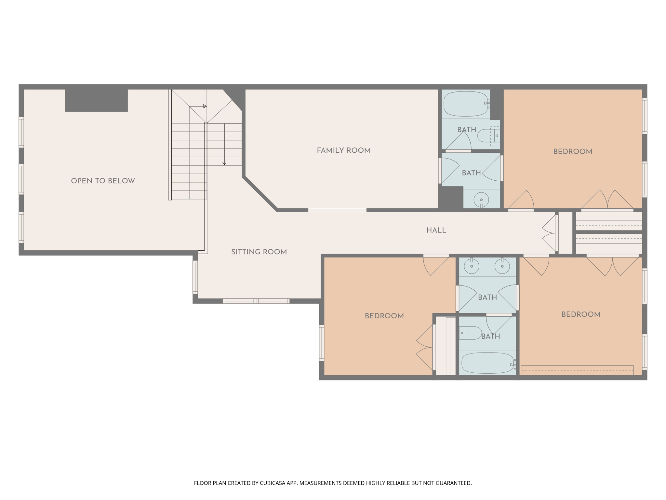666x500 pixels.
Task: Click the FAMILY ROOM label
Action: coord(344,150)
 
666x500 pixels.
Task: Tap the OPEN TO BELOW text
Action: coord(103,181)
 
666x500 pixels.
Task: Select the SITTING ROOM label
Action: coord(259,252)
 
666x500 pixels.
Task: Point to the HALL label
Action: coord(436,230)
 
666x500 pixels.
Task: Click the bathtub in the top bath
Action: coord(466,104)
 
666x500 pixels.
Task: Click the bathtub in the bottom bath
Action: coord(487,363)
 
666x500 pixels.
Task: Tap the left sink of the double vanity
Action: coord(472,267)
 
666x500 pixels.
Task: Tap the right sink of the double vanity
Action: coord(502,267)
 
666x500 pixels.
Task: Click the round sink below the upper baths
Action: coord(481,200)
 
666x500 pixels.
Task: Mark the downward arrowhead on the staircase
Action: coord(224,163)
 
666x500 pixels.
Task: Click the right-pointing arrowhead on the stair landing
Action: coord(205,106)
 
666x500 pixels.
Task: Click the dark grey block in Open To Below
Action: coord(96,100)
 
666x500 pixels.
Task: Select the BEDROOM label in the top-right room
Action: coord(573,151)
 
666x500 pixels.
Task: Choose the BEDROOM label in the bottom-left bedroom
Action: coord(384,316)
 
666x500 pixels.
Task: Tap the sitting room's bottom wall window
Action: coord(256,301)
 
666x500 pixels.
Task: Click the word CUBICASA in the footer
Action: coord(272,483)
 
